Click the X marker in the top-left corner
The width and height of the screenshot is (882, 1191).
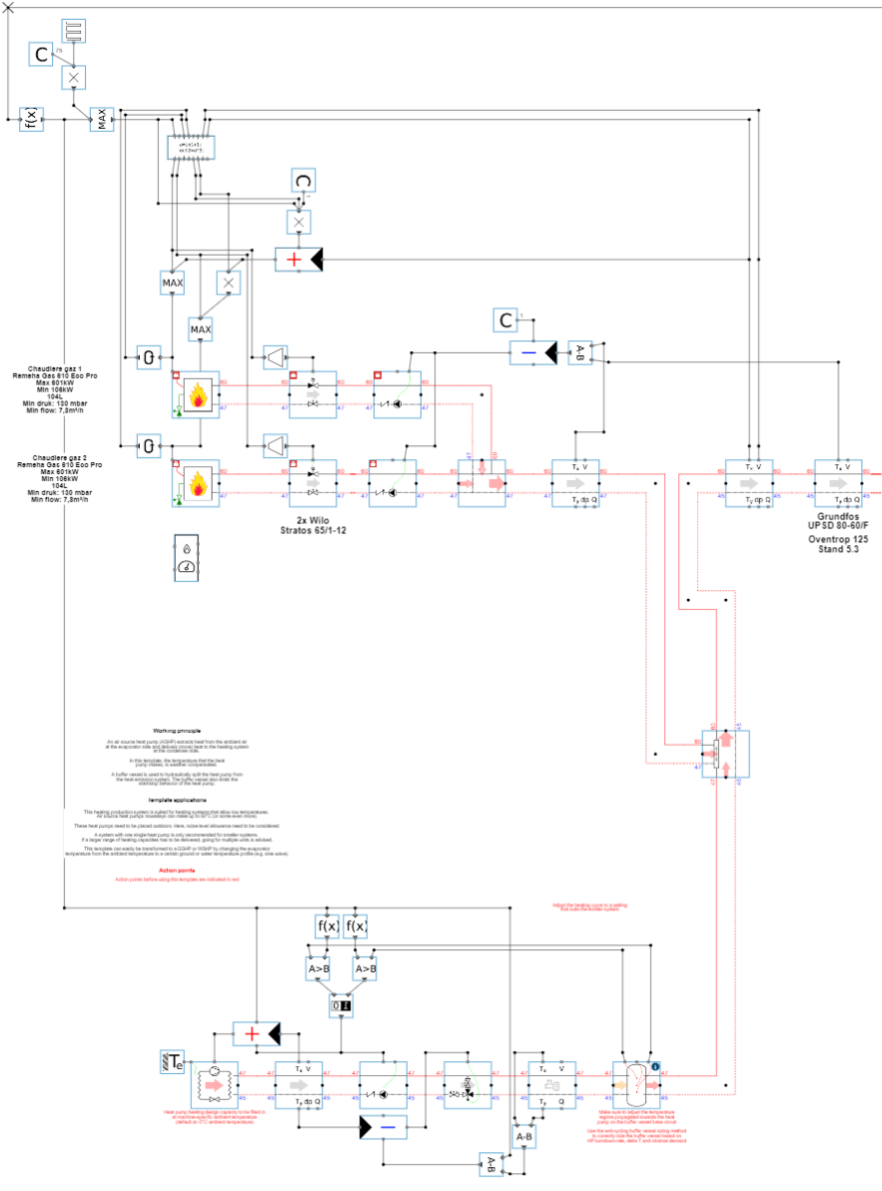(9, 8)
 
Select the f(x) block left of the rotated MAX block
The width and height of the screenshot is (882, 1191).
(32, 120)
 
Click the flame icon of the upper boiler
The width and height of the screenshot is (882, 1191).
(198, 394)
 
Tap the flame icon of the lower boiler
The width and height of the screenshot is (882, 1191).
(198, 482)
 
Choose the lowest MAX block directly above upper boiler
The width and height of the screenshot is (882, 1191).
(201, 328)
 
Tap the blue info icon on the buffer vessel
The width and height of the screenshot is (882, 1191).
(655, 1066)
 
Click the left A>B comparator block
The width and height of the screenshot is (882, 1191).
(318, 967)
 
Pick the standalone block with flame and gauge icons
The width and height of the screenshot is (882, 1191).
(187, 558)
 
